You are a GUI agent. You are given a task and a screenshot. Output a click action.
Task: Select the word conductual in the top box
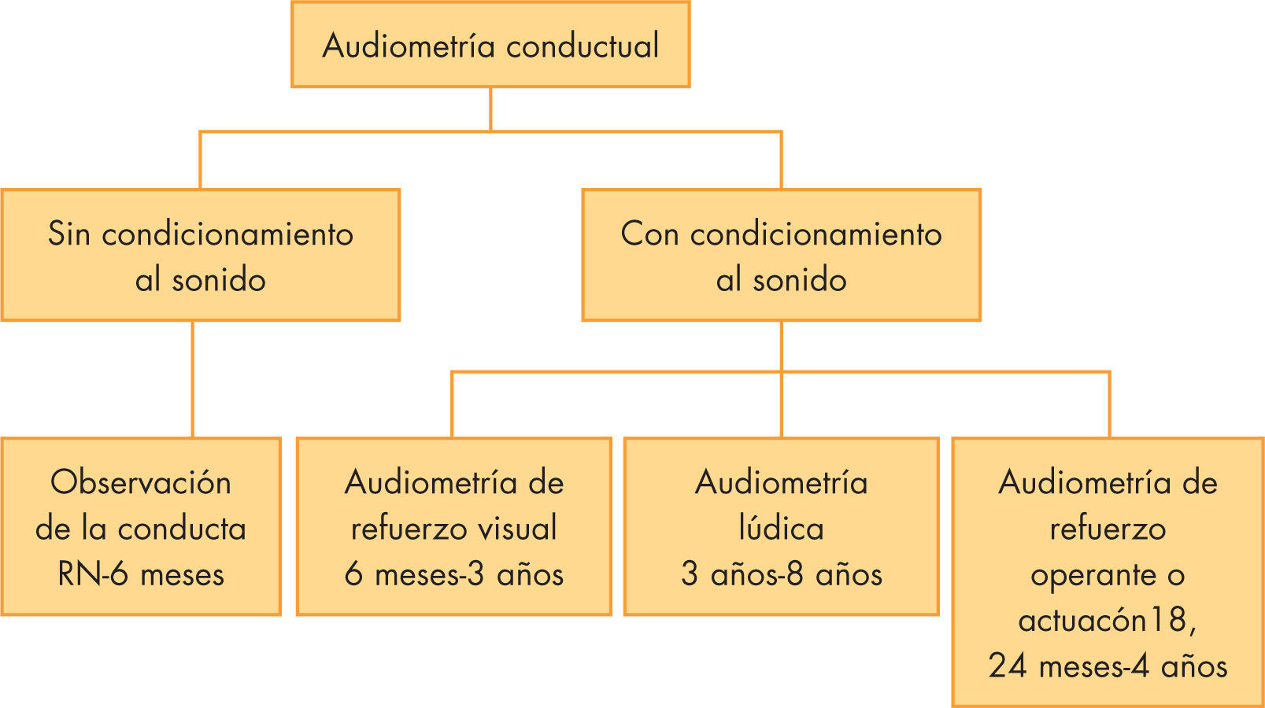(x=583, y=46)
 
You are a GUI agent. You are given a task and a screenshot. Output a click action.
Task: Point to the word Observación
(x=141, y=482)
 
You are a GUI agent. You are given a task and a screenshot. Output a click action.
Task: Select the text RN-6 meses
(x=141, y=574)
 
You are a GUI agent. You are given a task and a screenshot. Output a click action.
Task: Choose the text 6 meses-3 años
(x=454, y=574)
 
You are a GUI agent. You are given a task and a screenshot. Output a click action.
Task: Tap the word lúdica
(x=781, y=528)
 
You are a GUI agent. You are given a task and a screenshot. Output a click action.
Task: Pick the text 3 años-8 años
(x=781, y=574)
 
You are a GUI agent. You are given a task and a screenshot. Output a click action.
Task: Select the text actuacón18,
(x=1108, y=621)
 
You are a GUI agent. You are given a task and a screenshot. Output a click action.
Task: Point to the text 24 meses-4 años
(x=1108, y=666)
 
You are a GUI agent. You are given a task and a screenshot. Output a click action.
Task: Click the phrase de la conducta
(x=141, y=528)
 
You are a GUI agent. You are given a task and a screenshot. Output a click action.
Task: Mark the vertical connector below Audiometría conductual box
(x=490, y=109)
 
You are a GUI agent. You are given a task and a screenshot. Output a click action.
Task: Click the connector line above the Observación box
(x=193, y=378)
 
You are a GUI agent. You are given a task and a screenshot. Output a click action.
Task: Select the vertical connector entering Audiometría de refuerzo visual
(x=452, y=405)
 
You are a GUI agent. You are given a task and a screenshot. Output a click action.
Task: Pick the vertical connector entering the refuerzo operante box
(x=1109, y=405)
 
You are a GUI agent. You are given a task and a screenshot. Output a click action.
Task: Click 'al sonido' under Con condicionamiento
(x=781, y=280)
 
